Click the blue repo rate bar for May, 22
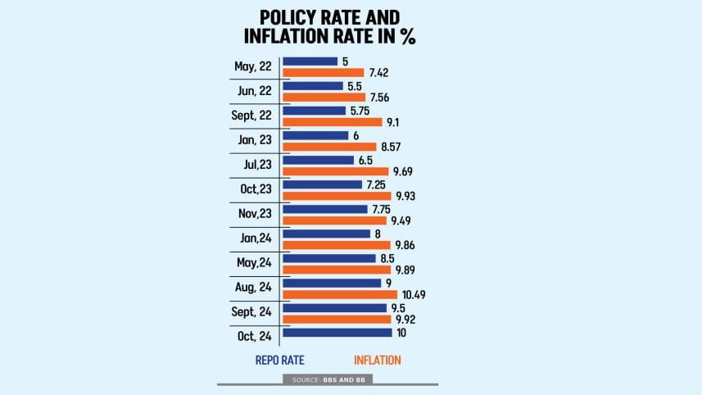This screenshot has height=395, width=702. click(310, 61)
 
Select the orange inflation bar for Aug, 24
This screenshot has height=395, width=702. click(339, 294)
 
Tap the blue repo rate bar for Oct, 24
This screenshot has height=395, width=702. click(337, 332)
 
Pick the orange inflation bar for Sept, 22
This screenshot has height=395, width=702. click(332, 122)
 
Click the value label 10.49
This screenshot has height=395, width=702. click(413, 294)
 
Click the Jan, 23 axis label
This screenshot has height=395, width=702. click(254, 141)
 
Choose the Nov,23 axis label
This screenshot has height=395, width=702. click(253, 215)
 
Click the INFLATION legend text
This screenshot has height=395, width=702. click(378, 360)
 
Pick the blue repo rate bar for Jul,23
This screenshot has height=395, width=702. click(318, 160)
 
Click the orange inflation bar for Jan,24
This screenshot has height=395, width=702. click(336, 245)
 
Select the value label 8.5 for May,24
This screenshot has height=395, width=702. click(387, 258)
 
